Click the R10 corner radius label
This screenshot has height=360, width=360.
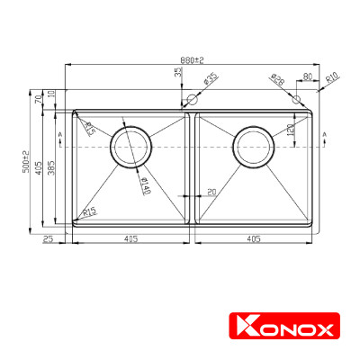click(331, 79)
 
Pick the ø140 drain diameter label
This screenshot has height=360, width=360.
click(143, 184)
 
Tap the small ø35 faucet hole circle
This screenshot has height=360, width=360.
click(191, 101)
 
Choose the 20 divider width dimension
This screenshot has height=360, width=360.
click(211, 192)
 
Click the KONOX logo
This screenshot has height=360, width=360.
click(283, 326)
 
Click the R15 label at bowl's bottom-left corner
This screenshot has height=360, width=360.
click(89, 212)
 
